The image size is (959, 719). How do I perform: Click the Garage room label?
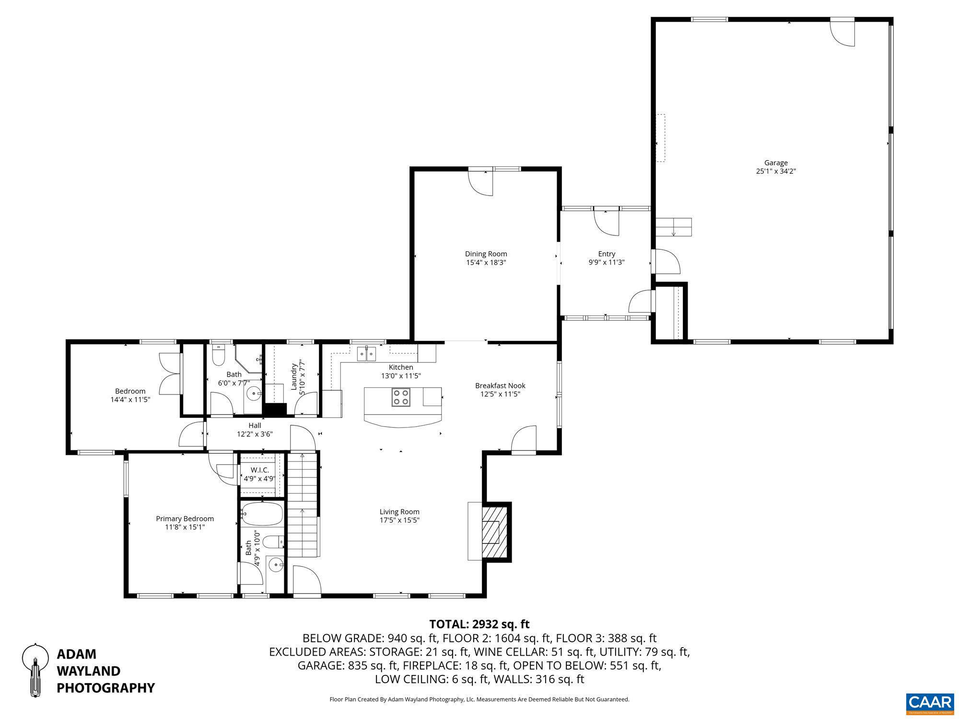tap(776, 163)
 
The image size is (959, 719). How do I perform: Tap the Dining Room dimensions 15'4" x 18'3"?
tap(486, 263)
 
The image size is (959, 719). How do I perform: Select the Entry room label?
tap(607, 254)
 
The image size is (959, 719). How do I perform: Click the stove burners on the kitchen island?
tap(401, 397)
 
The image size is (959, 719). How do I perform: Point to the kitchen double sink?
tap(367, 354)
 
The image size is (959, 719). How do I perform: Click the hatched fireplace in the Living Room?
tap(494, 531)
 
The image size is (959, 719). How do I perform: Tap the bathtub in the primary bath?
tap(262, 514)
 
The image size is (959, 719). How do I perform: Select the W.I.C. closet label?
tap(259, 470)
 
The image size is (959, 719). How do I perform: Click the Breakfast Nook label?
tap(500, 385)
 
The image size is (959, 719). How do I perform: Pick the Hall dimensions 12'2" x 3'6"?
tap(255, 434)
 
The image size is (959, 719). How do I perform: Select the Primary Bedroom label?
tap(185, 519)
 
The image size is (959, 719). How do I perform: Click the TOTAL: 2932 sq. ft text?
tap(479, 624)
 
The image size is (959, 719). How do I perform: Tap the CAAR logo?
tap(930, 703)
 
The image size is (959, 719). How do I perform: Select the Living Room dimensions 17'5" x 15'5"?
tap(399, 520)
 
